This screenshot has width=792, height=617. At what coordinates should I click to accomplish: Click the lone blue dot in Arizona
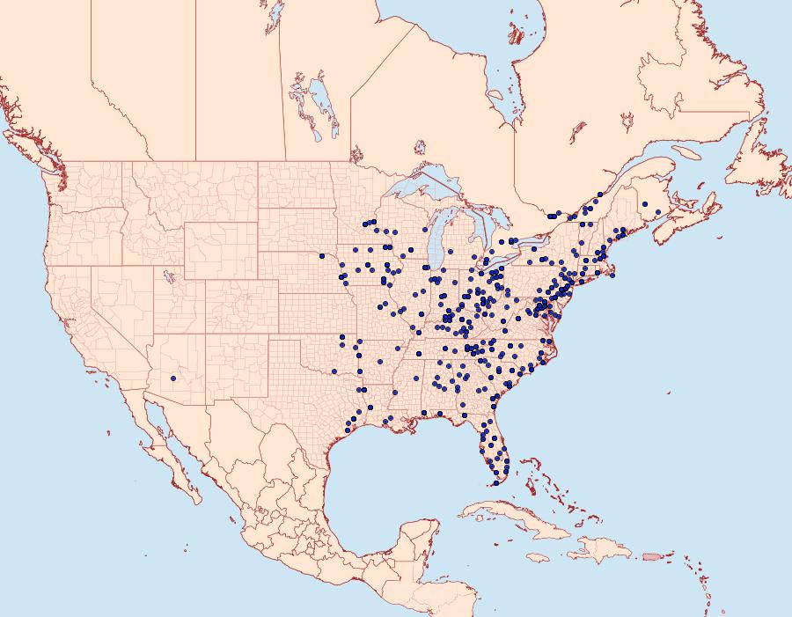coord(173,378)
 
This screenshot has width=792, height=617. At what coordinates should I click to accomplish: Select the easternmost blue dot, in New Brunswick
coord(645,204)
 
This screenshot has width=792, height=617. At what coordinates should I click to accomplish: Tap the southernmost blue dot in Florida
coord(495,482)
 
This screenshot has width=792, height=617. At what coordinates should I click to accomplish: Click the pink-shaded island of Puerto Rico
coord(651,556)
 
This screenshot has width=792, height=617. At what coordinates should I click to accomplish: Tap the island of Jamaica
coord(539,558)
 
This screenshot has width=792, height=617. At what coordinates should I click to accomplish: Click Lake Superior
coord(422,189)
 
